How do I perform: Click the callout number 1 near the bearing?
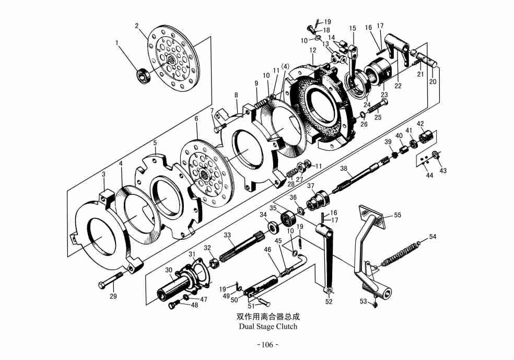[118, 43]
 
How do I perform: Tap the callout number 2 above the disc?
[137, 26]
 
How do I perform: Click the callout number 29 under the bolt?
[113, 296]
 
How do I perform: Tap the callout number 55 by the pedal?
[398, 215]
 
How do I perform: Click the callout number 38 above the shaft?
[343, 168]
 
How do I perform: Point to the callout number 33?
[227, 236]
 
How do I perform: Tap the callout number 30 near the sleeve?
[169, 270]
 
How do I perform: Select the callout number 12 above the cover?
[313, 51]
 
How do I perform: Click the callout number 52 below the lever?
[329, 301]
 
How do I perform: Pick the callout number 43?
[443, 171]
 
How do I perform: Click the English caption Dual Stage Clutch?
[268, 327]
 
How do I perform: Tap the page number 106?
[267, 345]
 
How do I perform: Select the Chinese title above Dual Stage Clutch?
[268, 317]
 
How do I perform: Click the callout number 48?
[194, 305]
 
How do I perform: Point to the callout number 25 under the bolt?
[378, 118]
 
